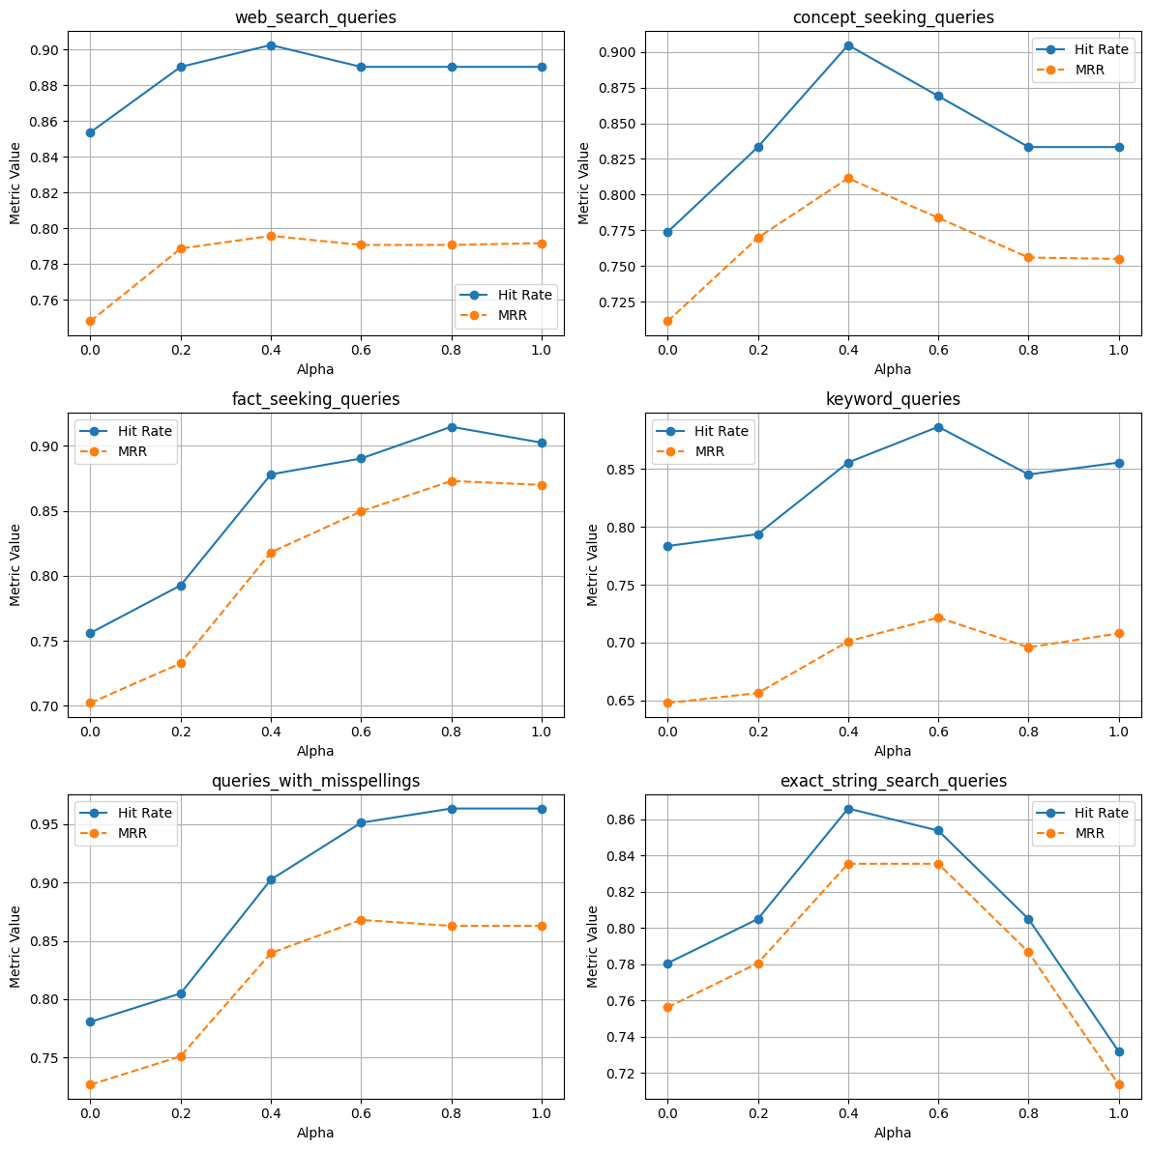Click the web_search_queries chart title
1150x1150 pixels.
(x=315, y=17)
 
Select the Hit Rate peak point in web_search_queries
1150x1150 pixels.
(x=271, y=45)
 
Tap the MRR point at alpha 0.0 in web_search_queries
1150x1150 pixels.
(x=90, y=321)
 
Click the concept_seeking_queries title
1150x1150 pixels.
(x=893, y=17)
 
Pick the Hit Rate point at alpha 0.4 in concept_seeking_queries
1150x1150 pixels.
(x=848, y=45)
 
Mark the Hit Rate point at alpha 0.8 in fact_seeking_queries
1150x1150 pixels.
(x=452, y=427)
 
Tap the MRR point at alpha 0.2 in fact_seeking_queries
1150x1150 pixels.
(x=181, y=663)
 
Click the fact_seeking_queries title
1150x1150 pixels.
(x=315, y=399)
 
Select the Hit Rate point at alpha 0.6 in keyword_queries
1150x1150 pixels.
(x=938, y=427)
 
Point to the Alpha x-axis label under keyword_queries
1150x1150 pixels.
(x=893, y=751)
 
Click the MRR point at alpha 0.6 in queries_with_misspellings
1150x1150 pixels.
(x=361, y=920)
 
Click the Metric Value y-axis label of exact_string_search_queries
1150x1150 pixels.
(x=593, y=946)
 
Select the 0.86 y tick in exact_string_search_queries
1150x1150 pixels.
(x=620, y=819)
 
